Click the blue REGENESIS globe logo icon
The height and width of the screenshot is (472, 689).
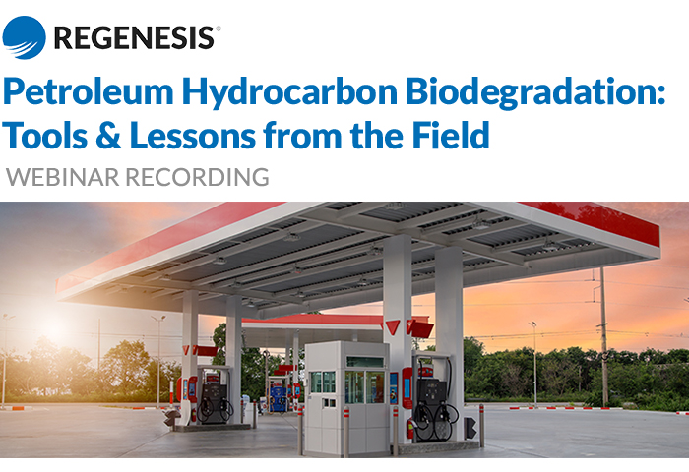coord(24,37)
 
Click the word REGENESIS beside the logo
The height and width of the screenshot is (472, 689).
coord(134,37)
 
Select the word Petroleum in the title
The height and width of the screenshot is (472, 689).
coord(89,91)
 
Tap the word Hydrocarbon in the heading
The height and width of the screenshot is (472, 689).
coord(290,93)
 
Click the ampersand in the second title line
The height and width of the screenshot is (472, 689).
coord(108,136)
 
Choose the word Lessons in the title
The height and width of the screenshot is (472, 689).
coord(193,136)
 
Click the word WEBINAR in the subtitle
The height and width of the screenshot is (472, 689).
coord(62,177)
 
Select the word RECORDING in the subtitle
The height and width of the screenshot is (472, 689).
coord(197,177)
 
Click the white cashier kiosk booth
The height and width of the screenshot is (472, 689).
coord(346,398)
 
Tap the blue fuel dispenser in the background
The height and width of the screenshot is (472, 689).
coord(279,395)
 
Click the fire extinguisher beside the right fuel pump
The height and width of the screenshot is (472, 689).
coord(410,428)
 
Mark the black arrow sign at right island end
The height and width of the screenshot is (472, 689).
coord(470,428)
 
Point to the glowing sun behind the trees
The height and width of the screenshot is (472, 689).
coord(56,330)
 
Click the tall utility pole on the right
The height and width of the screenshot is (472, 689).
coord(604,336)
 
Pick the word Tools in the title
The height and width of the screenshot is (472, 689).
coord(45,136)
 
